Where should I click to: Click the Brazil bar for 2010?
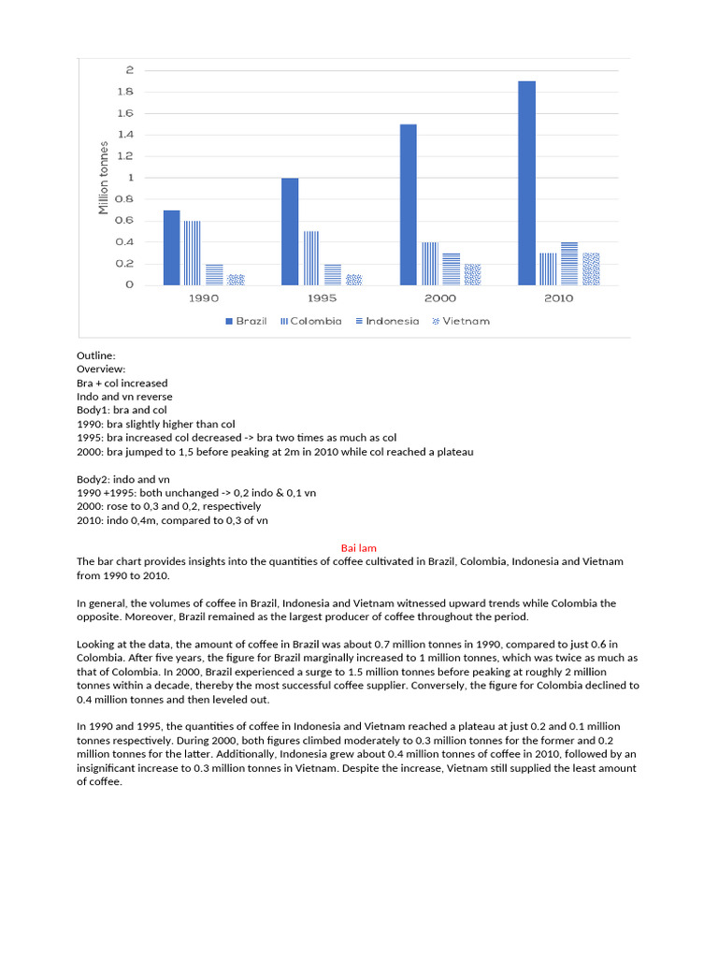[x=526, y=183]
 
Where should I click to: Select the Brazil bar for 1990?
[x=171, y=248]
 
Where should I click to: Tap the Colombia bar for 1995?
[x=309, y=258]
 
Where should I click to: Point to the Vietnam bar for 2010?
[x=591, y=269]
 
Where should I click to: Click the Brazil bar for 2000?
[x=408, y=205]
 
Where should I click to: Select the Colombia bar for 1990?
[x=192, y=254]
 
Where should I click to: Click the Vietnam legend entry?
[x=459, y=321]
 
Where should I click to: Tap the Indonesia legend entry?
[x=386, y=321]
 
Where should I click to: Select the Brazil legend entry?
[x=246, y=321]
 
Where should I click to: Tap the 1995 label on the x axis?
[x=322, y=298]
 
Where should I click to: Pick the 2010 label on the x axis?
[x=557, y=298]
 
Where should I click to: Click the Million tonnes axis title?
[x=104, y=178]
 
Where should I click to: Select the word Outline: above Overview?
[x=96, y=356]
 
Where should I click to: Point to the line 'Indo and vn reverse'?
[x=124, y=397]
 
